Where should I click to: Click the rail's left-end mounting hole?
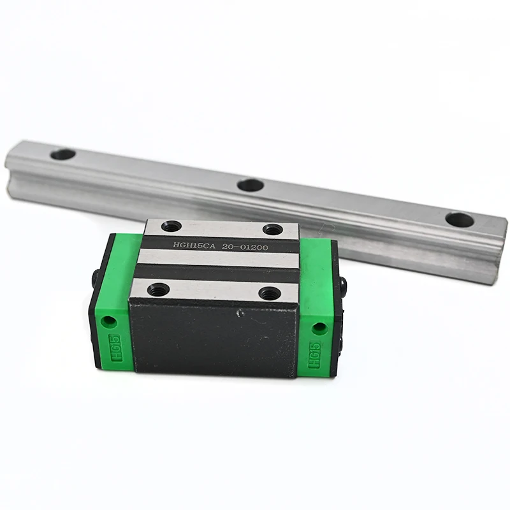[x=62, y=154]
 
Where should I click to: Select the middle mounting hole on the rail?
[x=251, y=186]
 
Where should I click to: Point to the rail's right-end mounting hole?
[x=459, y=221]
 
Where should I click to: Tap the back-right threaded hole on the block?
[x=273, y=229]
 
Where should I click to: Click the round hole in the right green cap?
[x=319, y=328]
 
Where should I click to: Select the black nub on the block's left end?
[x=94, y=278]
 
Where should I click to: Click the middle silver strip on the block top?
[x=217, y=258]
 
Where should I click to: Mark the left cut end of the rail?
[x=8, y=172]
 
